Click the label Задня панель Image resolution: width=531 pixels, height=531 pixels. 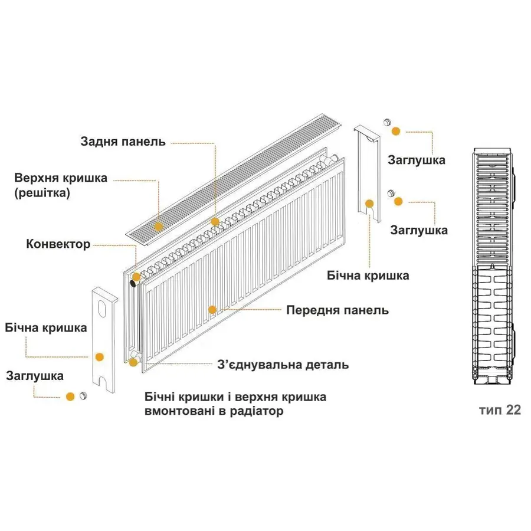(x=123, y=142)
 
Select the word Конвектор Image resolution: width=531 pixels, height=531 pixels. (x=58, y=244)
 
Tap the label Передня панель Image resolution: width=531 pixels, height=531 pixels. (x=337, y=310)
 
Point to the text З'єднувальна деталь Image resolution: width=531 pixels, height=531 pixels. (x=283, y=365)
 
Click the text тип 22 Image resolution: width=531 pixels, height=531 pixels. (x=500, y=410)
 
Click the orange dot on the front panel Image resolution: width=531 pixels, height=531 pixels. (x=212, y=309)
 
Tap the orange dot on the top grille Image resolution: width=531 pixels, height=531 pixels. (x=158, y=226)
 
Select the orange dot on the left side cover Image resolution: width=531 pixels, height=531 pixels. (x=99, y=356)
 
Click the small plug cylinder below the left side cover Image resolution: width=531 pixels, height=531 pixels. (x=84, y=395)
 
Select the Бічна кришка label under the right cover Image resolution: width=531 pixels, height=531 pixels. (x=368, y=276)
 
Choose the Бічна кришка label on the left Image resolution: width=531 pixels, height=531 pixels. (x=45, y=327)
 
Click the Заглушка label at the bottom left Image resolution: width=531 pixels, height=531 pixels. (x=35, y=375)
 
